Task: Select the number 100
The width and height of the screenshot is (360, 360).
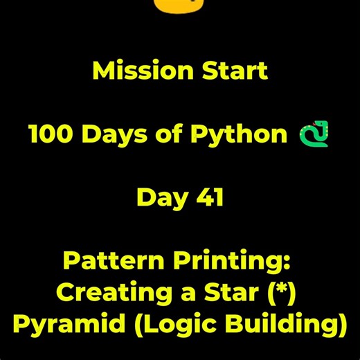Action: [x=49, y=134]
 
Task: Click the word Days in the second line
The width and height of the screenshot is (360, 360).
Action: [x=113, y=134]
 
